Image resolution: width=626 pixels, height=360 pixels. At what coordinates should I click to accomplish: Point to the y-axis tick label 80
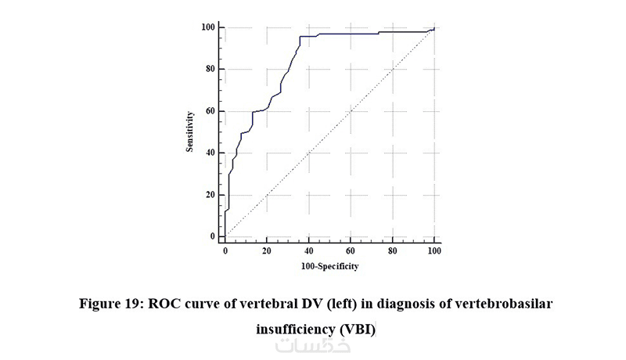(x=210, y=69)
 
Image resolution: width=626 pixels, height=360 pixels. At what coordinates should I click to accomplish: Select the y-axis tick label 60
(x=210, y=110)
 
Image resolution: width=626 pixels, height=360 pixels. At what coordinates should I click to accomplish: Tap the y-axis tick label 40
(x=210, y=152)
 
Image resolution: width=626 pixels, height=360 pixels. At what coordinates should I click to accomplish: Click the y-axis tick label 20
(x=210, y=194)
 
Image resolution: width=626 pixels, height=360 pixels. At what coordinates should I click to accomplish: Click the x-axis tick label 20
(x=267, y=251)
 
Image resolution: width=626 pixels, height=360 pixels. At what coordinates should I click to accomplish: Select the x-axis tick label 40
(x=308, y=251)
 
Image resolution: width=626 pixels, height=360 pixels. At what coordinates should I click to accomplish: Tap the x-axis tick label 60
(x=351, y=251)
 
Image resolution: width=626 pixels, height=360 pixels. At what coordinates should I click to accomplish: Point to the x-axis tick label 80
(x=392, y=251)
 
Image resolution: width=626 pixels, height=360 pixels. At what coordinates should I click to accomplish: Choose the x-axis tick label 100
(x=434, y=251)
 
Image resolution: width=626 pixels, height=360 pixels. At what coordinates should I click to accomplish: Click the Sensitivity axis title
(x=190, y=131)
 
